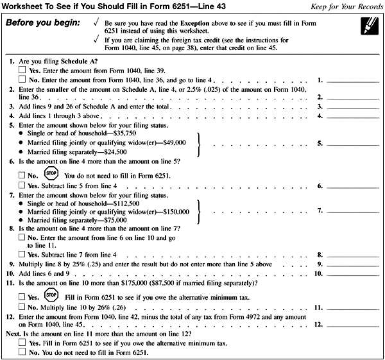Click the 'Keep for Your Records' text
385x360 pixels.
point(346,6)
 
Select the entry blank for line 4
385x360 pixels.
point(354,116)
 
